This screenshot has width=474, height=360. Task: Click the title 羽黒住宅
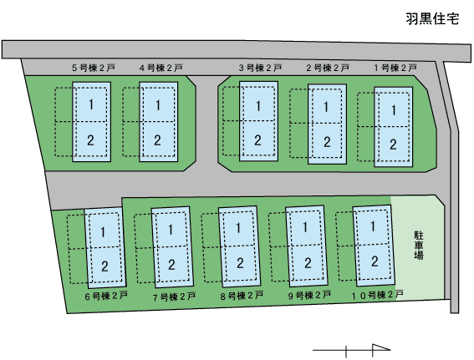[432, 18]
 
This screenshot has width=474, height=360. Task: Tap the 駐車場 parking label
[419, 246]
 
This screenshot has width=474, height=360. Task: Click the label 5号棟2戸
[94, 68]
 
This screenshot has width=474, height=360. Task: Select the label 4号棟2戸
[161, 68]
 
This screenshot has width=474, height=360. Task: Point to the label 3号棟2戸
[260, 68]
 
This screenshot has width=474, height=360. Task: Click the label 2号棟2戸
[328, 68]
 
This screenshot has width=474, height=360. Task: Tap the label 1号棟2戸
[395, 68]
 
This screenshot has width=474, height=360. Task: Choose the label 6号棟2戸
[106, 296]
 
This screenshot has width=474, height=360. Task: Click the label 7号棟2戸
[174, 297]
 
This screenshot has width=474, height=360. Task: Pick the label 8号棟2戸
[242, 296]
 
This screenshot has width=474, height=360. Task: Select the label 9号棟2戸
[309, 295]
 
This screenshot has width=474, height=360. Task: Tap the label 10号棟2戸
[377, 295]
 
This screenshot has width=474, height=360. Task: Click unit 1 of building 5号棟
[91, 104]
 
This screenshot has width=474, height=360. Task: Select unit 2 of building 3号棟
[257, 140]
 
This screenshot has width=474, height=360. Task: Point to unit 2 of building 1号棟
[393, 145]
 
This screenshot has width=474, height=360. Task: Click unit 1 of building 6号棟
[103, 232]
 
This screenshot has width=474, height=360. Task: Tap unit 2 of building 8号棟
[240, 263]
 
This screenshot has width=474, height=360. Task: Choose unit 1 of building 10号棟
[373, 226]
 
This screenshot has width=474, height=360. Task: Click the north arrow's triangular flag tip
[390, 349]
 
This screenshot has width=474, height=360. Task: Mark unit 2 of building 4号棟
[157, 140]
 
